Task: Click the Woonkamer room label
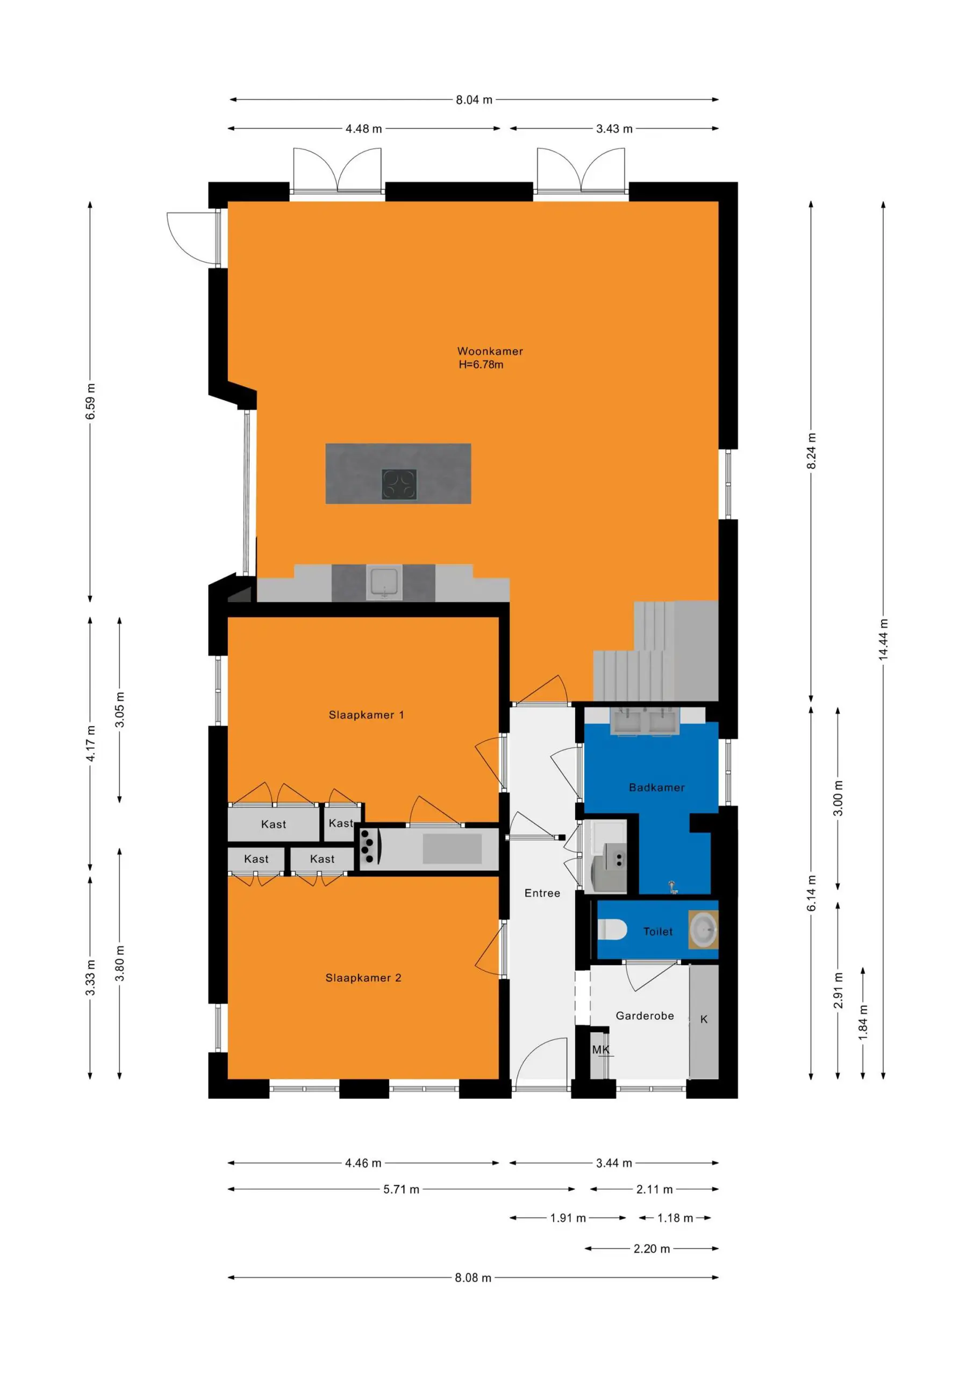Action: tap(490, 351)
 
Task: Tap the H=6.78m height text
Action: tap(481, 365)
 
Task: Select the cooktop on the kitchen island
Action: tap(399, 484)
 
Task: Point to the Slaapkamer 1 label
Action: tap(366, 715)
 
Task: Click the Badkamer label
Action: tap(656, 787)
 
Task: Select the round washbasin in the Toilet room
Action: tap(703, 930)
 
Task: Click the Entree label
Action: tap(542, 893)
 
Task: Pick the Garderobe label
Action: tap(645, 1016)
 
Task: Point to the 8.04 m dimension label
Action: tap(474, 100)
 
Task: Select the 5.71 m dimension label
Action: tap(401, 1189)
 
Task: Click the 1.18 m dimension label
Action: tap(675, 1218)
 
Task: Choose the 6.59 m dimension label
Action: tap(90, 401)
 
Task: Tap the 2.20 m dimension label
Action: tap(652, 1248)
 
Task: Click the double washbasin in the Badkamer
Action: tap(645, 721)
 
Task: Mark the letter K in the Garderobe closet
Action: tap(704, 1019)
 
